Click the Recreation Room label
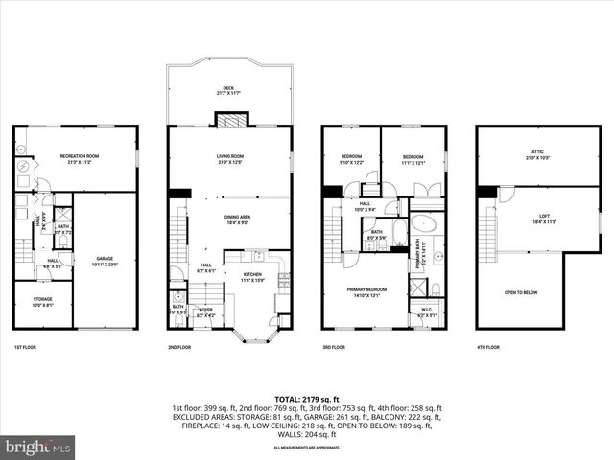(x=81, y=157)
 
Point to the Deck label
(x=228, y=90)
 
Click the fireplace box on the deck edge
(x=228, y=120)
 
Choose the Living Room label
(x=229, y=158)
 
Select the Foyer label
(x=205, y=311)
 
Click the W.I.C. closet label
(x=427, y=311)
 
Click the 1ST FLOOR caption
(x=26, y=347)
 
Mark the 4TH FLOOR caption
(x=487, y=347)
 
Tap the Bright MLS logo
(x=38, y=447)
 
